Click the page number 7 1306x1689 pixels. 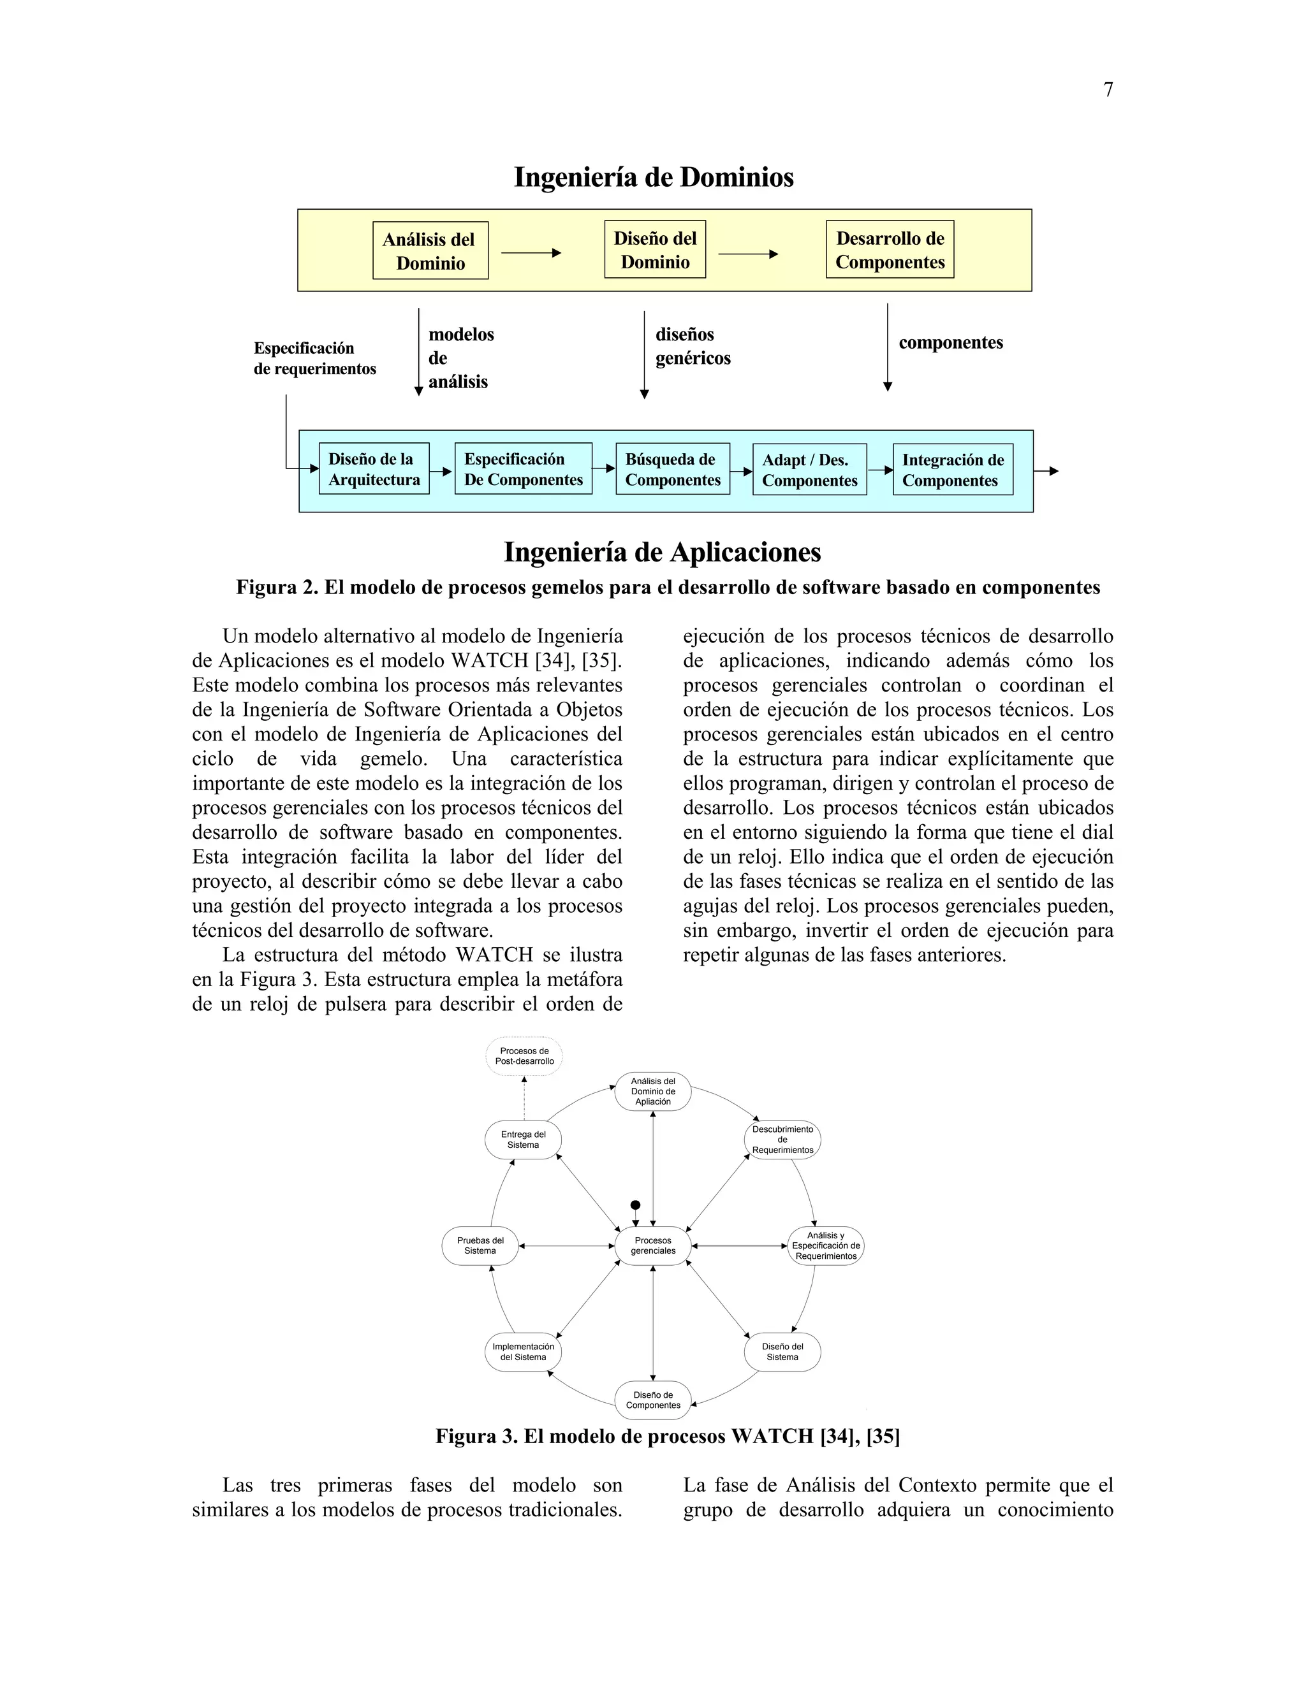(1108, 90)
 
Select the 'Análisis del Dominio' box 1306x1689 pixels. (430, 250)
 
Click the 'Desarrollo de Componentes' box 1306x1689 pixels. (890, 250)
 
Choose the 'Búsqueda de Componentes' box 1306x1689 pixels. (672, 470)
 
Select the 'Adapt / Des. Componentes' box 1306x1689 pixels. (809, 470)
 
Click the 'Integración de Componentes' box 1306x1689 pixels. (953, 470)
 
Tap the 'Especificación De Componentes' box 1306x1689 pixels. (523, 470)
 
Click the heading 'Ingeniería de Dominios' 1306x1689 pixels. (654, 177)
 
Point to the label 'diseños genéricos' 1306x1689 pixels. (693, 347)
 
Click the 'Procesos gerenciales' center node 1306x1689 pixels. (653, 1246)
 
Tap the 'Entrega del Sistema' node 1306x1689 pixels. (523, 1140)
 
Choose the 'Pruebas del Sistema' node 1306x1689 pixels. (480, 1246)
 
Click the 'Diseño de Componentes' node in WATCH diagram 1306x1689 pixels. (653, 1400)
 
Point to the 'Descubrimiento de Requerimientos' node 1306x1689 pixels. (782, 1140)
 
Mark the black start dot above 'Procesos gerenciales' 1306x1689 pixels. (635, 1205)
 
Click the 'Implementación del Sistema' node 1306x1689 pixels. (523, 1352)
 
